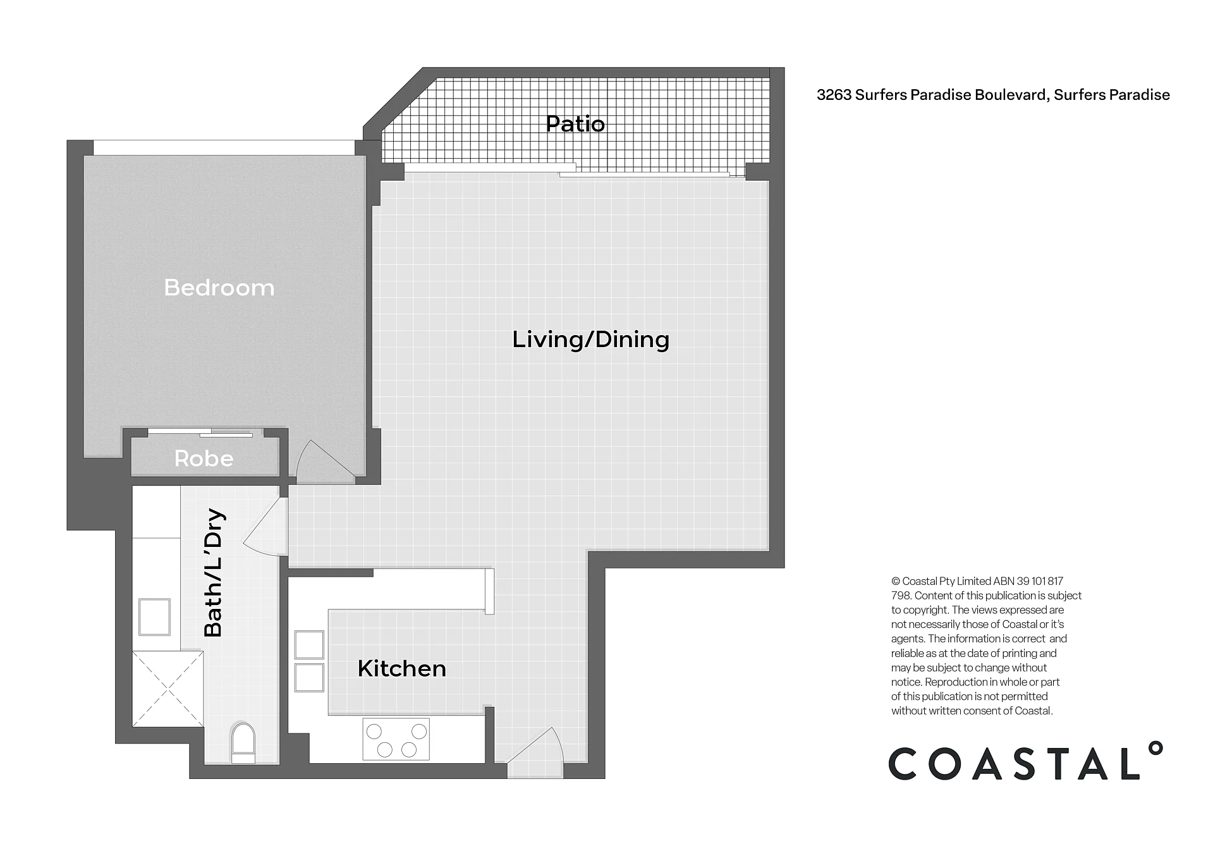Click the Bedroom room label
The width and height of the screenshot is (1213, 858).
(219, 288)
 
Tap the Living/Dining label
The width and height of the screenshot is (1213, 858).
(590, 340)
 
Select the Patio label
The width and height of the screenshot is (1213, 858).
(575, 124)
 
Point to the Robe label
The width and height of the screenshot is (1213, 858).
(204, 458)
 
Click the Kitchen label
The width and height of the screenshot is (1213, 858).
(402, 668)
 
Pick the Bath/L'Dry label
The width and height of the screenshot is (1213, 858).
(214, 573)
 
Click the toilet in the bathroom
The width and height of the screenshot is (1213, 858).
(243, 744)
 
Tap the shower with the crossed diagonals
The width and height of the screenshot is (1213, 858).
(168, 689)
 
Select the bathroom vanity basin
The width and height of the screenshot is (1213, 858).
(154, 617)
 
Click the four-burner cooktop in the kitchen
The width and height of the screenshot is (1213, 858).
(396, 739)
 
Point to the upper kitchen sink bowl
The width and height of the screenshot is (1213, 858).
(309, 645)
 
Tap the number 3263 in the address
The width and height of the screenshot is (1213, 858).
(834, 95)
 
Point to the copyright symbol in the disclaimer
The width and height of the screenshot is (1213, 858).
(895, 581)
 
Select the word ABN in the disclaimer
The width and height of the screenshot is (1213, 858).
(1004, 581)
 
